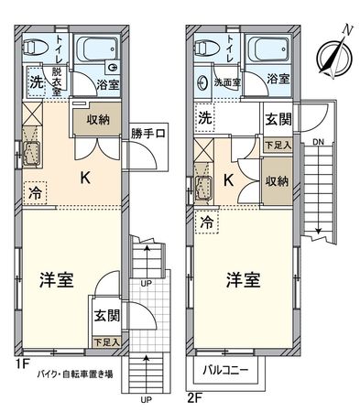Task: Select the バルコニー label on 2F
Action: [x=225, y=372]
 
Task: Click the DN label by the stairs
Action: [x=316, y=143]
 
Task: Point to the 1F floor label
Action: [x=11, y=362]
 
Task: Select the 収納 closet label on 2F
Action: [x=277, y=180]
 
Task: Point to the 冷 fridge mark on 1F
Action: [x=32, y=193]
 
